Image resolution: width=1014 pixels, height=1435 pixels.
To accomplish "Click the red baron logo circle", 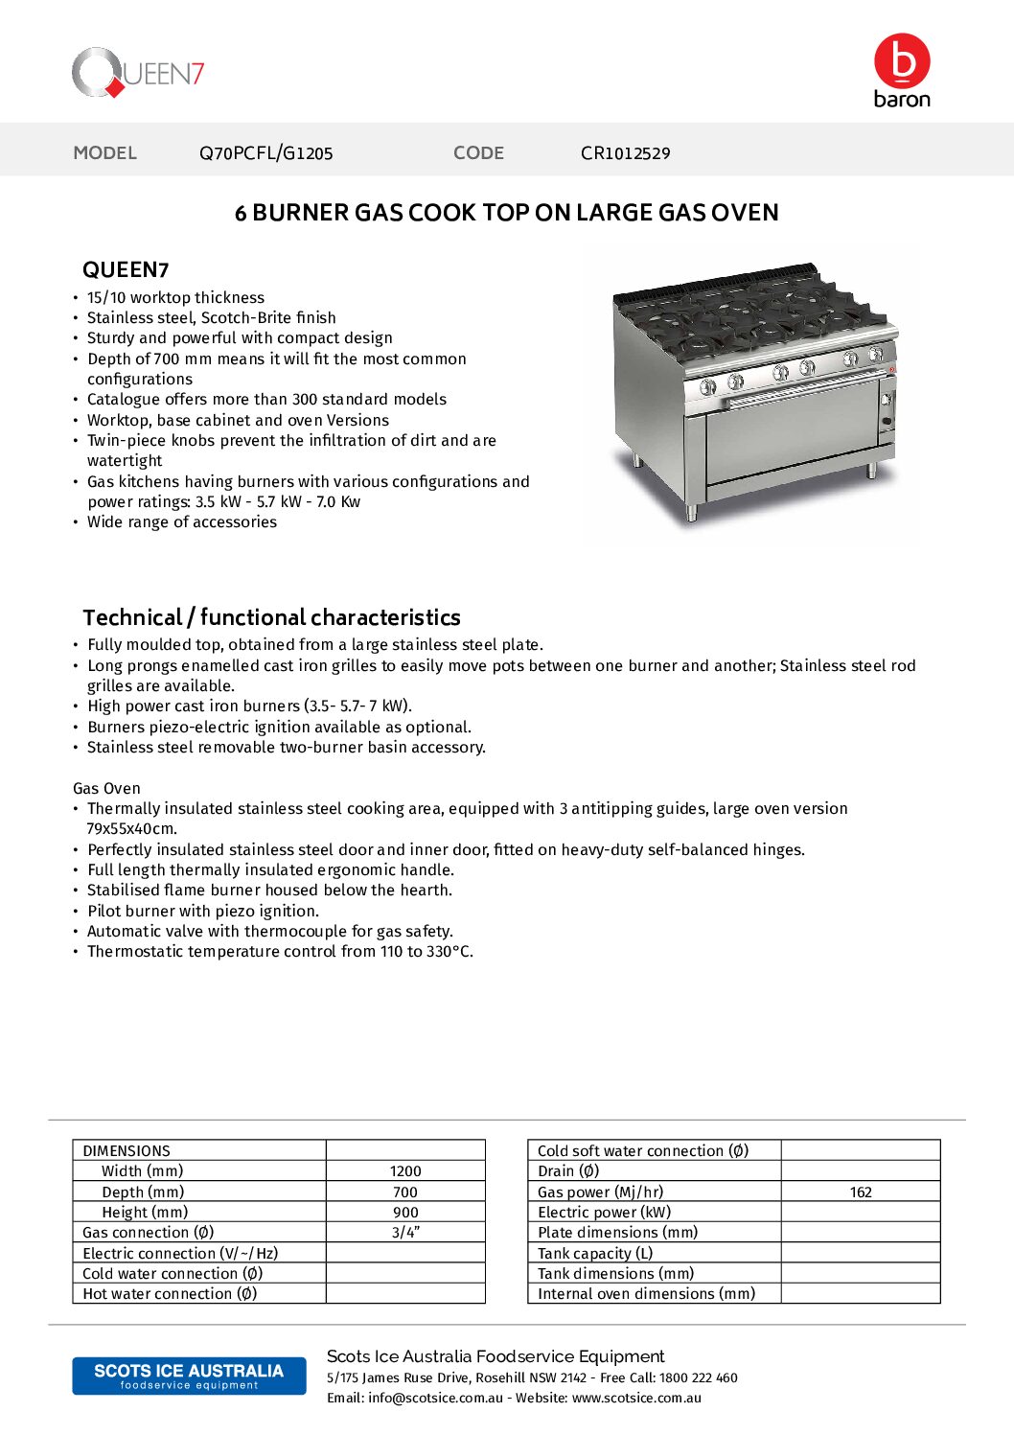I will click(x=902, y=60).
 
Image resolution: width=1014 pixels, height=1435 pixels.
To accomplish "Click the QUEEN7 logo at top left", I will click(x=138, y=73).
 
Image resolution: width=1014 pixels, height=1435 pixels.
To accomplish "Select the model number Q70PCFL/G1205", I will click(x=265, y=152).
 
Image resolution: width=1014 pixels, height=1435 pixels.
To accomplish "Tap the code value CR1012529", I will click(x=625, y=152).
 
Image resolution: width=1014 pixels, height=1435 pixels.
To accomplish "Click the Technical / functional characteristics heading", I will click(x=271, y=617).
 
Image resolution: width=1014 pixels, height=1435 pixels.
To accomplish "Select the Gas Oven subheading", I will click(x=106, y=788).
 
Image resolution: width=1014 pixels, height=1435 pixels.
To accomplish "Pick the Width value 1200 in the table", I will click(x=405, y=1170).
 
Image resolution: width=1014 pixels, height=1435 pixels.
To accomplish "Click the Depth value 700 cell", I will click(x=405, y=1192).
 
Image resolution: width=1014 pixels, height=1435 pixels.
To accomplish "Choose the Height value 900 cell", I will click(x=405, y=1212).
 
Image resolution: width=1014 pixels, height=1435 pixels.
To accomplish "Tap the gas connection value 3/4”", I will click(x=405, y=1232).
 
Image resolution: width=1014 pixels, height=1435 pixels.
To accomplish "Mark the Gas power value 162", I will click(x=861, y=1192).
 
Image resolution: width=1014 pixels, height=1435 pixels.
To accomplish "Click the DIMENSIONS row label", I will click(x=127, y=1150).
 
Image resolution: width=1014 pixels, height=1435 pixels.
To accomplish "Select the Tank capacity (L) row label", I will click(x=594, y=1253).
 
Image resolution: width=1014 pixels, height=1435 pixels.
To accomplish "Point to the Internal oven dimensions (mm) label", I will click(x=646, y=1293).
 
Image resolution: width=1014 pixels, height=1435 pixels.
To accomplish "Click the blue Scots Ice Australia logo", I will click(x=189, y=1376).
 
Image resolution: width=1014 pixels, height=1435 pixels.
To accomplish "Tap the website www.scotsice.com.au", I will click(x=636, y=1398).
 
